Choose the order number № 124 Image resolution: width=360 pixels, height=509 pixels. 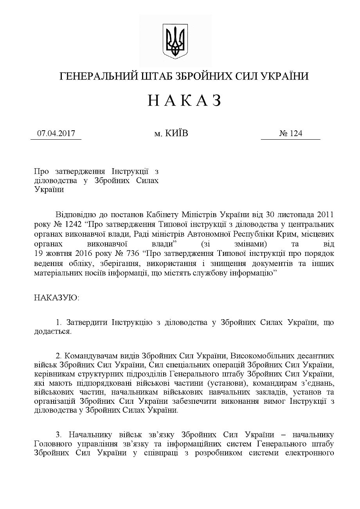290,133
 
